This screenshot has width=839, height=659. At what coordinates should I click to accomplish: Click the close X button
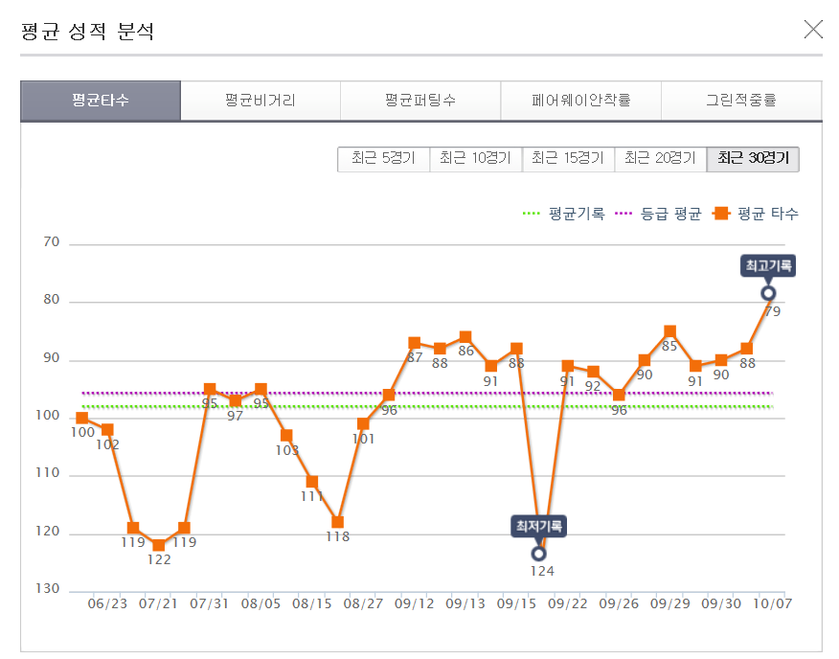813,30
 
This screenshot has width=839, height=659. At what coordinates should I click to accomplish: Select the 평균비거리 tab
260,101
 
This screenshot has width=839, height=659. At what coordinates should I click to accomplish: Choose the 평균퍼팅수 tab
419,101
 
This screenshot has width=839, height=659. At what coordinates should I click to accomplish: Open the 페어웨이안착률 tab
580,101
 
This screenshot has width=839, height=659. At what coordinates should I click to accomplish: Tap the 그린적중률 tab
740,101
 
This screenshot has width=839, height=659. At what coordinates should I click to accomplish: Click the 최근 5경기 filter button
383,159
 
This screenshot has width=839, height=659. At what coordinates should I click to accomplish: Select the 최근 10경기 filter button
475,159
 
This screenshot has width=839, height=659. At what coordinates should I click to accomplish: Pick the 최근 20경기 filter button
660,159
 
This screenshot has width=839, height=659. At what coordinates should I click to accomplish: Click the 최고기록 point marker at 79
768,293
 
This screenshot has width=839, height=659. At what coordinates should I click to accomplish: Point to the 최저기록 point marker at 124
538,553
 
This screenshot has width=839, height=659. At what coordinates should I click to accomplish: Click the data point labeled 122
159,545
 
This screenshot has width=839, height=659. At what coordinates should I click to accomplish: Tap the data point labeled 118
337,522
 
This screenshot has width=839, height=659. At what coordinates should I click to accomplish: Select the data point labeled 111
312,482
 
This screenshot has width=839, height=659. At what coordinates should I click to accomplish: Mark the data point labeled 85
669,331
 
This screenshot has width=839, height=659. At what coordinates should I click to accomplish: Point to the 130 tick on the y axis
50,589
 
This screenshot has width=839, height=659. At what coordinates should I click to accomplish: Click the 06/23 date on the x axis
107,603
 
